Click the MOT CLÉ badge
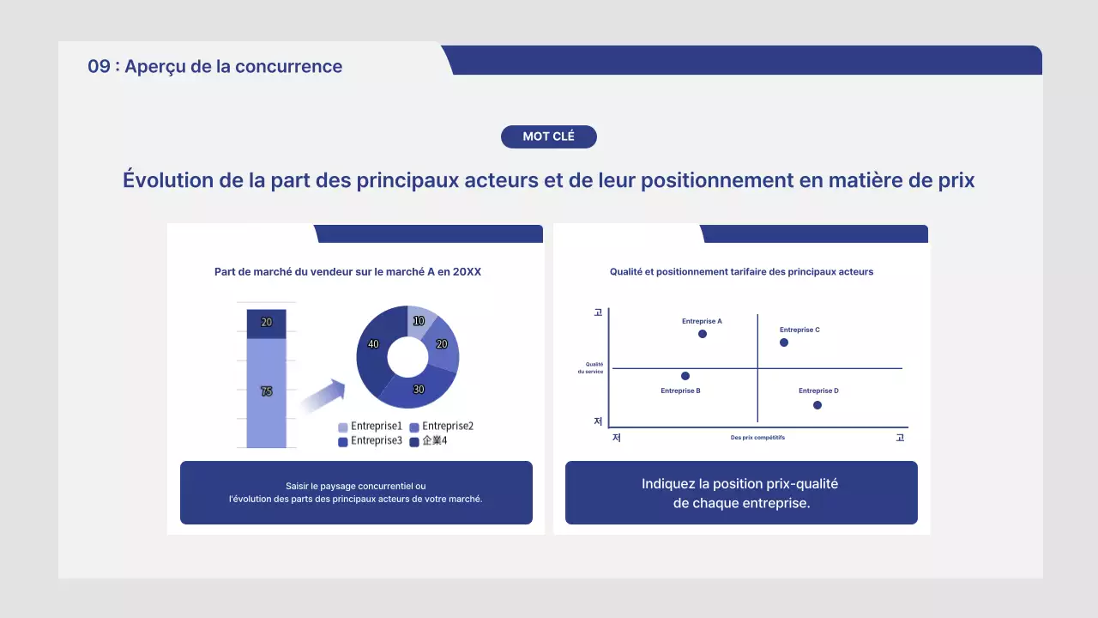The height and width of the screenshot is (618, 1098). [x=548, y=136]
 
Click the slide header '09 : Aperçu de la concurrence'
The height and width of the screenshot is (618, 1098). [x=214, y=67]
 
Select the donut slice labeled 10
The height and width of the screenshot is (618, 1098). [x=420, y=320]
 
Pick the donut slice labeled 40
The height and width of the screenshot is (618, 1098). [x=374, y=345]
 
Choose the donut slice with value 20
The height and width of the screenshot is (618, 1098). [x=443, y=345]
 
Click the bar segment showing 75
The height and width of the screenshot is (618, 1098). [x=266, y=391]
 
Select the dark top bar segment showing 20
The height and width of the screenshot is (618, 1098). [x=266, y=323]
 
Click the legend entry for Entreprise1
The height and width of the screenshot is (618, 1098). [x=370, y=427]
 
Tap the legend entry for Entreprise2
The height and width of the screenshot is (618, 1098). [x=441, y=427]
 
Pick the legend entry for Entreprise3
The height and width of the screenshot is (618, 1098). [x=370, y=441]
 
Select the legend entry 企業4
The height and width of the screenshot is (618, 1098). [x=428, y=441]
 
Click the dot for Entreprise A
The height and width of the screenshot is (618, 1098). [x=703, y=334]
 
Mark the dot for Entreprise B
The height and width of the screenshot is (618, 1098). [x=685, y=376]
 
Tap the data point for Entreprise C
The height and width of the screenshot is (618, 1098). [x=783, y=342]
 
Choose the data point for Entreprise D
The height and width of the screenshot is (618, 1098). [x=817, y=405]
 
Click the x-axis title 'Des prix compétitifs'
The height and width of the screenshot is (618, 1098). [x=757, y=438]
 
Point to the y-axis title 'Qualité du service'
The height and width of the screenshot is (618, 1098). [x=594, y=367]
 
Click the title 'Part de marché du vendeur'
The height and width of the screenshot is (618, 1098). [x=347, y=272]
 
